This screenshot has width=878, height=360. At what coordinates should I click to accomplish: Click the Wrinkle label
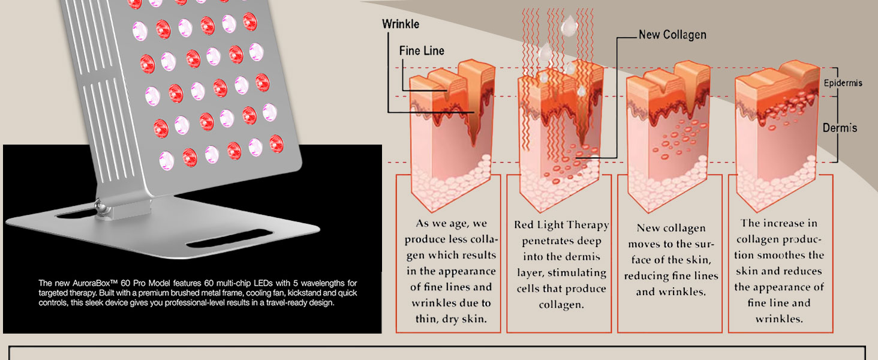click(401, 25)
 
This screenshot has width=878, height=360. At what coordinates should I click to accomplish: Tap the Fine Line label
click(422, 51)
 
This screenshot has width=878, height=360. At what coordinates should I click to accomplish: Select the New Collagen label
click(672, 35)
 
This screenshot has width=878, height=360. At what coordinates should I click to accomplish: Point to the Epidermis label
click(843, 83)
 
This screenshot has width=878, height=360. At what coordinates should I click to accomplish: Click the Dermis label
click(840, 128)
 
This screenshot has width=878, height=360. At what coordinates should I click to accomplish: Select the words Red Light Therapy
click(561, 226)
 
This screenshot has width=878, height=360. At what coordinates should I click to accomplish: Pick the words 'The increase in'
click(779, 224)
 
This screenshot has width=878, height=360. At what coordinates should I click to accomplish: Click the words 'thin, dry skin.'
click(449, 319)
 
